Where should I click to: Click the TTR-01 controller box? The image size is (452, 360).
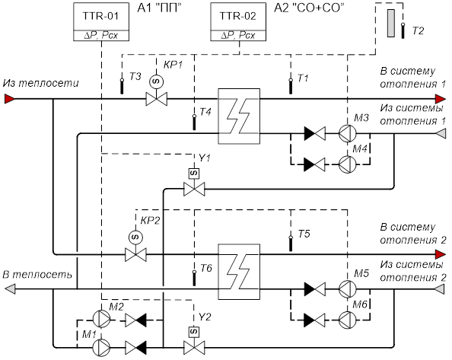[x=101, y=22]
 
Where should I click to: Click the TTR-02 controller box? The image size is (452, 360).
[x=238, y=22]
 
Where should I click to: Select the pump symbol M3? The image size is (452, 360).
[x=347, y=133]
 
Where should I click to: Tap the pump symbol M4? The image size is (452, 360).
[x=347, y=164]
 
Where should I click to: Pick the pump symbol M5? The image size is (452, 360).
[x=347, y=289]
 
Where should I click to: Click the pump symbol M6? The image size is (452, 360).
[x=347, y=320]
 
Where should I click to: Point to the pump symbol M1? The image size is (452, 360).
[x=101, y=348]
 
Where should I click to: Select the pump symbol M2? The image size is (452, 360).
[x=101, y=319]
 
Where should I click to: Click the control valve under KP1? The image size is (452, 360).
[x=157, y=99]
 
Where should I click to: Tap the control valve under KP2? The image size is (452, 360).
[x=135, y=255]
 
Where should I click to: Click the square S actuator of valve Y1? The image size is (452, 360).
[x=194, y=174]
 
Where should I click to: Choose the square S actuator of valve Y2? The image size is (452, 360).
[x=194, y=332]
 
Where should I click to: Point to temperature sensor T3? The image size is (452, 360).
[x=122, y=86]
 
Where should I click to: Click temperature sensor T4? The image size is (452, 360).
[x=194, y=123]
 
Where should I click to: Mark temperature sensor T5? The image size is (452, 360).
[x=291, y=244]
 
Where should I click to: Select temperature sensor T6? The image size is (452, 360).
[x=194, y=278]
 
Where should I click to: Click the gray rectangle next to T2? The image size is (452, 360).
[x=391, y=23]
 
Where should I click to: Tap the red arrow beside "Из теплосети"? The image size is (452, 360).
[x=10, y=99]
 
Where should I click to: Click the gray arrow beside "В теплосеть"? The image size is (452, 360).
[x=10, y=289]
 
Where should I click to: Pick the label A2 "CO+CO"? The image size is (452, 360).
[x=309, y=8]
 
